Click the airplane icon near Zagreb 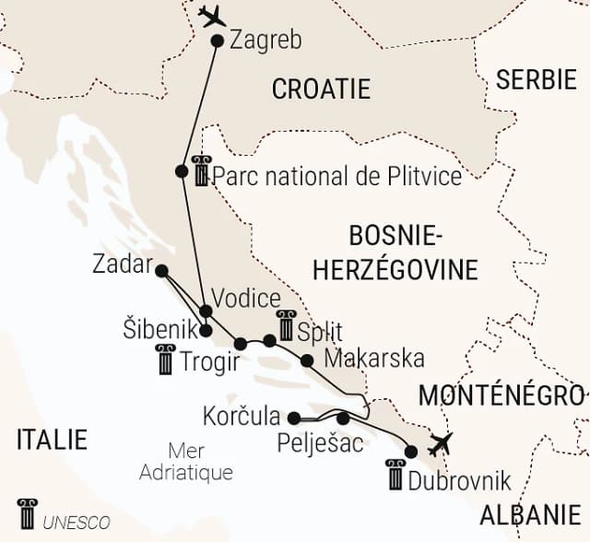(x=211, y=16)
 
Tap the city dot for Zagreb (x=218, y=41)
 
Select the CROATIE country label (x=321, y=88)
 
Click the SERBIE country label (x=536, y=79)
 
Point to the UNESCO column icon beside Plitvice (x=201, y=171)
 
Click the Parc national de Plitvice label (x=336, y=176)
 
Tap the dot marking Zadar (x=161, y=271)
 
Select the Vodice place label (x=245, y=299)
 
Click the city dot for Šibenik (x=206, y=330)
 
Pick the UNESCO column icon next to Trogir (x=165, y=359)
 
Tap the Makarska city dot (x=307, y=359)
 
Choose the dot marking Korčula (x=293, y=417)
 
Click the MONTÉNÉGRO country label (x=501, y=395)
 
